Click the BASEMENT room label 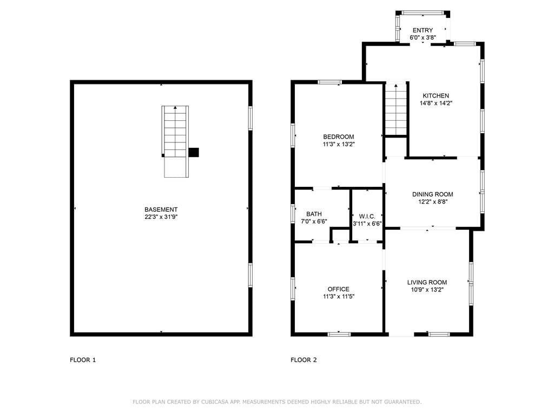click(x=161, y=210)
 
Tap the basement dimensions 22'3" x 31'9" click(x=161, y=217)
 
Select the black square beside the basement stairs click(x=194, y=152)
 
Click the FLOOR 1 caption click(x=83, y=360)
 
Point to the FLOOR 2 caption click(x=304, y=360)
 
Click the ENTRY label click(x=423, y=30)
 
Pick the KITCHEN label click(x=436, y=95)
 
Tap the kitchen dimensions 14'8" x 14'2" click(x=436, y=103)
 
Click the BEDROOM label click(x=339, y=136)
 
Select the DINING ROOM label click(x=432, y=194)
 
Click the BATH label click(x=314, y=214)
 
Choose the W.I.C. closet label click(x=367, y=216)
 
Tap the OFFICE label click(x=339, y=289)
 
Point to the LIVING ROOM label click(x=427, y=282)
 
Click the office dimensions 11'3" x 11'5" click(x=339, y=297)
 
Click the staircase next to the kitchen click(x=395, y=109)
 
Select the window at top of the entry click(x=423, y=13)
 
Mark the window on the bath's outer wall click(x=293, y=213)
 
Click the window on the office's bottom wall click(x=339, y=334)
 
